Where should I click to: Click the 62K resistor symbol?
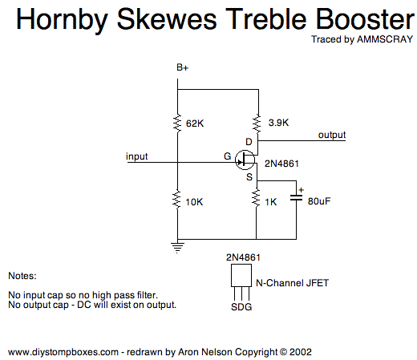tap(177, 123)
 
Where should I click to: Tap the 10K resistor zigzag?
tap(176, 200)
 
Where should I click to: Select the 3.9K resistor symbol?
tap(257, 123)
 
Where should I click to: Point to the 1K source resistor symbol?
tap(256, 197)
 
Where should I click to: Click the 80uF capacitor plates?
tap(296, 198)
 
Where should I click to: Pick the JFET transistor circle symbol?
tap(245, 160)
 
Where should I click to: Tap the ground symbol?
tap(177, 247)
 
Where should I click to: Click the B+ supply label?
tap(183, 67)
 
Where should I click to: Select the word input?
tap(136, 156)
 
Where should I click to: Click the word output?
tap(332, 135)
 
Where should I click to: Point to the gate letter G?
tap(228, 156)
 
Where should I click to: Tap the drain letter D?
tap(249, 142)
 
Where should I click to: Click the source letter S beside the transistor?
tap(249, 177)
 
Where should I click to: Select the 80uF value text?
tap(319, 201)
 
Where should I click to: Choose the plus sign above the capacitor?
tap(302, 190)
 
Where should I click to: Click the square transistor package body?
tap(241, 276)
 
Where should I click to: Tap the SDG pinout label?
tap(241, 307)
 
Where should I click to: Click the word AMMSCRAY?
tap(385, 39)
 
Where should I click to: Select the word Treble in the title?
tap(266, 19)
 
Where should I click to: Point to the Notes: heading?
tap(22, 276)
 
